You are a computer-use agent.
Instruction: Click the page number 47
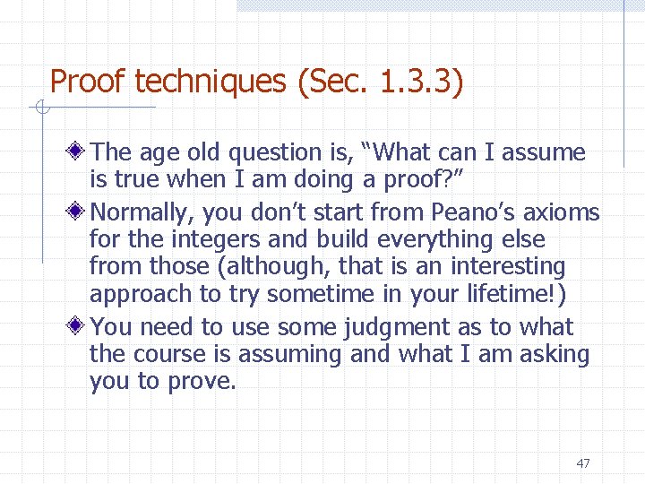click(583, 463)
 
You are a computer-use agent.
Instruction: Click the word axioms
click(563, 212)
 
